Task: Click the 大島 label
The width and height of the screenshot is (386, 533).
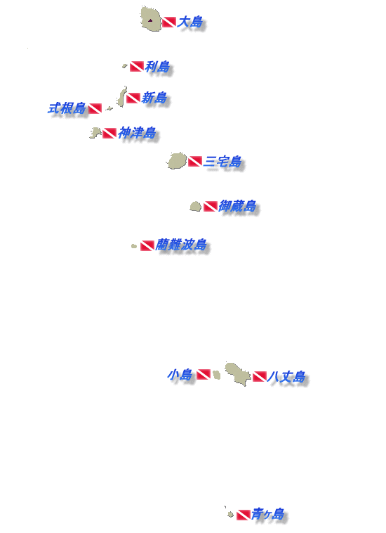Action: coord(190,22)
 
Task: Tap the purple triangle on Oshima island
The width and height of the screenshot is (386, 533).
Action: coord(150,20)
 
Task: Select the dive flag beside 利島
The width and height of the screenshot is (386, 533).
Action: coord(137,66)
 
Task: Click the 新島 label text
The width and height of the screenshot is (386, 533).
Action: coord(154,98)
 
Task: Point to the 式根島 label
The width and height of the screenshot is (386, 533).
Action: coord(67,108)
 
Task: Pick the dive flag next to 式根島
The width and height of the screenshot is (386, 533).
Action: coord(95,108)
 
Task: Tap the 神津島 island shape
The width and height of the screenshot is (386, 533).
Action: coord(95,133)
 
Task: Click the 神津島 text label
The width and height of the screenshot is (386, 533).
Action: coord(137,133)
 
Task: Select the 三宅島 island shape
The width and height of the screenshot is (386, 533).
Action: coord(177,161)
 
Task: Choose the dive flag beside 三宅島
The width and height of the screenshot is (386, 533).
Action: coord(195,161)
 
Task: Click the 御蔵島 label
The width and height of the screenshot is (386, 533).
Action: coord(237,205)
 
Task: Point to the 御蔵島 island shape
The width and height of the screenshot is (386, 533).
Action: coord(195,206)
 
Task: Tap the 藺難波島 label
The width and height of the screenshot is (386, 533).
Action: coord(181,245)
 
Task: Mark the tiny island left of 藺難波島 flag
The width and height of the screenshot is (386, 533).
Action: coord(134,246)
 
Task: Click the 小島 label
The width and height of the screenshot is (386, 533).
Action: coord(180,375)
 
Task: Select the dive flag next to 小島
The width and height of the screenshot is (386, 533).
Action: coord(204,374)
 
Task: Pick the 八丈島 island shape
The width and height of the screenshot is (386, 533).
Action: coord(238,373)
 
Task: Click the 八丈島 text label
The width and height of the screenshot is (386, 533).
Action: coord(286,377)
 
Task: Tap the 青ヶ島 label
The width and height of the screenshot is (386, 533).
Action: coord(267,514)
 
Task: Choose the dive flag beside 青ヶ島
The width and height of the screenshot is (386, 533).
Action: coord(244,515)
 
